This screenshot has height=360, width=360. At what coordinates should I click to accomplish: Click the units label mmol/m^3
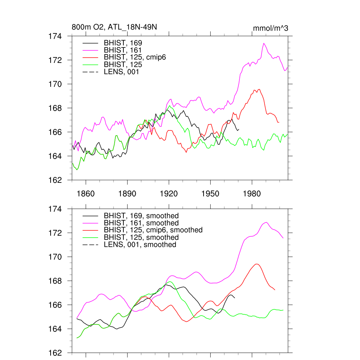[x=270, y=28]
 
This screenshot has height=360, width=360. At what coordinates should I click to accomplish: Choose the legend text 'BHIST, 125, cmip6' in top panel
[x=135, y=57]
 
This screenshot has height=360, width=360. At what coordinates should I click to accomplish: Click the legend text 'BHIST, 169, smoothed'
[x=141, y=216]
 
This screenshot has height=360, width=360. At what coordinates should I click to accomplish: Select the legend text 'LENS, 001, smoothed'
[x=140, y=244]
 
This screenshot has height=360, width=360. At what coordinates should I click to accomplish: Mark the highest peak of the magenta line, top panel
[x=264, y=43]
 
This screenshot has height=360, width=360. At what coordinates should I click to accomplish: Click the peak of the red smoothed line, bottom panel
[x=257, y=264]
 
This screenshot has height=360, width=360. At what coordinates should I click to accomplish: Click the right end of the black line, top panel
[x=239, y=129]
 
